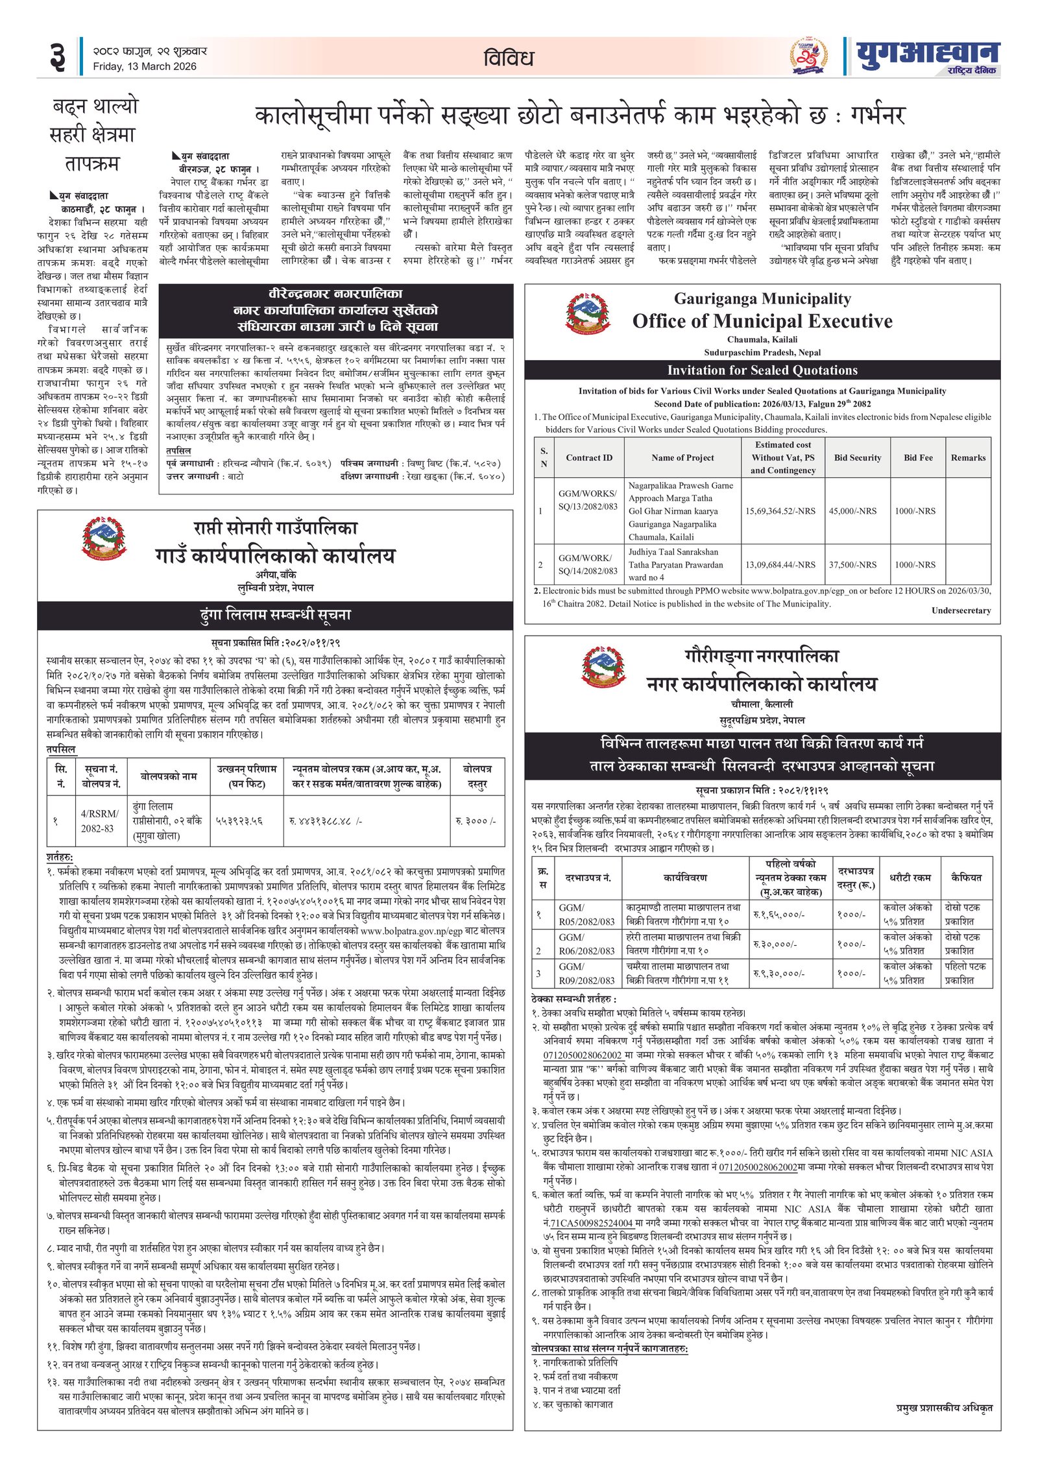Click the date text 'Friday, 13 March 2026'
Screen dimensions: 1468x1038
[x=144, y=66]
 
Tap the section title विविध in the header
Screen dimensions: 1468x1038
[x=508, y=58]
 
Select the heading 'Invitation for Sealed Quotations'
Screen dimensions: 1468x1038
[x=762, y=370]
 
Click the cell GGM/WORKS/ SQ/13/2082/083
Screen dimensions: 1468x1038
[x=588, y=499]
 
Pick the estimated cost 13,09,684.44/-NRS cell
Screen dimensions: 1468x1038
[x=780, y=564]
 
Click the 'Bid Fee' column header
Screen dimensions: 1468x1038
[x=918, y=457]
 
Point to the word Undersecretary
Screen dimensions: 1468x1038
[x=961, y=610]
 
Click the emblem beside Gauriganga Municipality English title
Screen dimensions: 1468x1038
[x=588, y=315]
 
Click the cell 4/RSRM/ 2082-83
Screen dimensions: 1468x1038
[x=99, y=821]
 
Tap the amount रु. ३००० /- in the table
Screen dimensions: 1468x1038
[x=476, y=821]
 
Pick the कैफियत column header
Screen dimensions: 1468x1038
[x=967, y=877]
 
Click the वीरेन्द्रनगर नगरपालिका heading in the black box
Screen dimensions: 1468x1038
[x=335, y=294]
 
